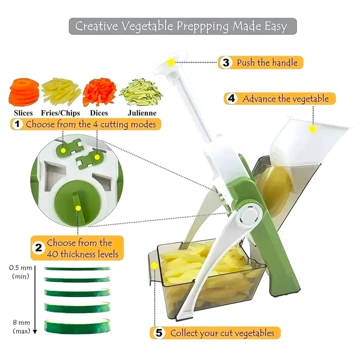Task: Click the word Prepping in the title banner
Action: pyautogui.click(x=203, y=27)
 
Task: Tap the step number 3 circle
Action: pyautogui.click(x=226, y=63)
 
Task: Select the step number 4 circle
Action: pyautogui.click(x=231, y=99)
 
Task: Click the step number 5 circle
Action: pyautogui.click(x=159, y=333)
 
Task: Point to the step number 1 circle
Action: pyautogui.click(x=17, y=124)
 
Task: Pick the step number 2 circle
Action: pyautogui.click(x=39, y=248)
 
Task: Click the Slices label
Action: pyautogui.click(x=23, y=113)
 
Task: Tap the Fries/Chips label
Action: pyautogui.click(x=60, y=113)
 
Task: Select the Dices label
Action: pyautogui.click(x=99, y=113)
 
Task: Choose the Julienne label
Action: pyautogui.click(x=142, y=113)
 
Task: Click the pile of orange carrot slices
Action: pyautogui.click(x=24, y=92)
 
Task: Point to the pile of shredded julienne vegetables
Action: pyautogui.click(x=141, y=92)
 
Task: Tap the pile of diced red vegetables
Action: pyautogui.click(x=99, y=92)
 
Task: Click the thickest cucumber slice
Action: pyautogui.click(x=77, y=326)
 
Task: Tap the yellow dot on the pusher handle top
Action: pyautogui.click(x=171, y=63)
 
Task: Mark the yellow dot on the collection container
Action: pyautogui.click(x=154, y=265)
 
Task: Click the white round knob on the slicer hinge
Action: pyautogui.click(x=250, y=216)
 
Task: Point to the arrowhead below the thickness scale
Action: pyautogui.click(x=35, y=332)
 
